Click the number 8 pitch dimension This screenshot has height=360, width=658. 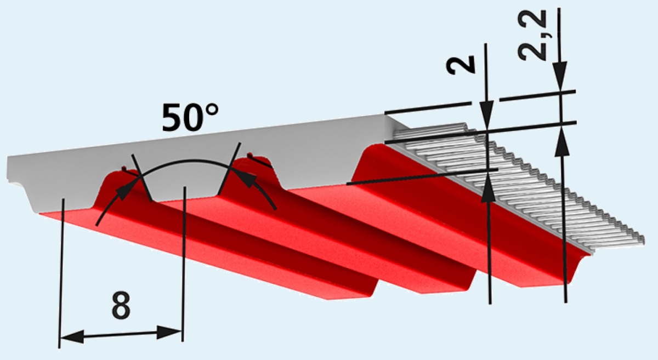[x=121, y=307]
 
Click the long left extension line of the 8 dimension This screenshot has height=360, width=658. [x=61, y=274]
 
